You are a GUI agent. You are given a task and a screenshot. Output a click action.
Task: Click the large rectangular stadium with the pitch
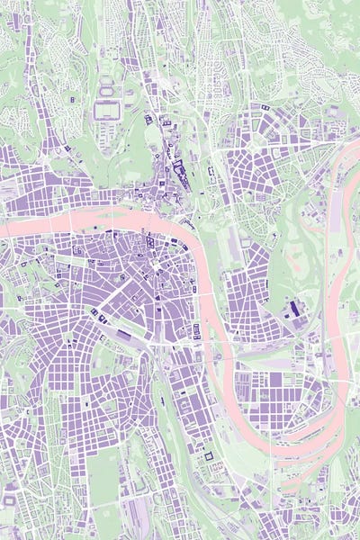point(106,111)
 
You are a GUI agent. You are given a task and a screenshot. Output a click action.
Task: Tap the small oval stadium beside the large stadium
point(107,90)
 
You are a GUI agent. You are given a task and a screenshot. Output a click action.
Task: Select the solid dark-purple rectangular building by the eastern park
point(295,309)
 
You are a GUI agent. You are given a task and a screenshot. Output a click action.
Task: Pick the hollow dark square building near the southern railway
point(209,456)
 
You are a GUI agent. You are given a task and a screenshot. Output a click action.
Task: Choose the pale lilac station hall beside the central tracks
point(123,335)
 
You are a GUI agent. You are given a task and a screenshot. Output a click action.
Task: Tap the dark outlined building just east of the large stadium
point(148,119)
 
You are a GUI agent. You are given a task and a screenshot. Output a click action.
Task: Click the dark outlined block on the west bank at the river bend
point(196,331)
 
